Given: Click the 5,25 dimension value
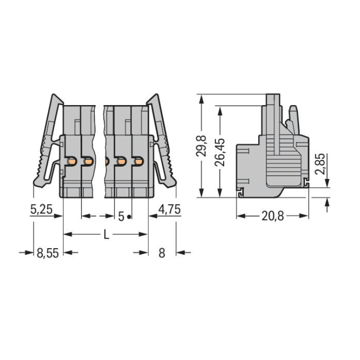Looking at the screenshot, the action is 42,209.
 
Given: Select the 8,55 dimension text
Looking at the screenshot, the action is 48,253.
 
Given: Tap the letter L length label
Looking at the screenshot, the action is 106,234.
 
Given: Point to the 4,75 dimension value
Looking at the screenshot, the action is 169,209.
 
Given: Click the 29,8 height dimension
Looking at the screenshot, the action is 202,146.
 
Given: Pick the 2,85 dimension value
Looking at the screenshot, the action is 320,164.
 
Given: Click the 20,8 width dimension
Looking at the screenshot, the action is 273,216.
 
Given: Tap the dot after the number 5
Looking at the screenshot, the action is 129,216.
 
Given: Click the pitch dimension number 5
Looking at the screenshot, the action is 121,216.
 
